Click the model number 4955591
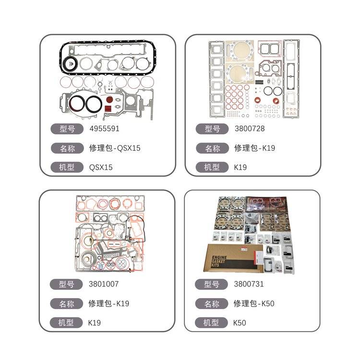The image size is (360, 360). [105, 128]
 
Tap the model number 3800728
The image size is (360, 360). [250, 128]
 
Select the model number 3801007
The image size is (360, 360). [104, 284]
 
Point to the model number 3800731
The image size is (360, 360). [249, 284]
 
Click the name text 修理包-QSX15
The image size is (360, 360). [115, 148]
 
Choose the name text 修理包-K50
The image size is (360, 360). [254, 303]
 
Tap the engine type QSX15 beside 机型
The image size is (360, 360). [101, 167]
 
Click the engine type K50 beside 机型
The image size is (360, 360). [240, 323]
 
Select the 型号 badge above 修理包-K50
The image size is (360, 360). [211, 284]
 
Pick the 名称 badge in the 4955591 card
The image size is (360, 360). [67, 148]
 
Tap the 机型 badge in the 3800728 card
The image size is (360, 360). [212, 167]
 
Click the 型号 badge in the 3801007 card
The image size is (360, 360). [66, 284]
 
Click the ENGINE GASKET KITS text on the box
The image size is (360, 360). [219, 261]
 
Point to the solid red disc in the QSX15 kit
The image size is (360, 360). [109, 100]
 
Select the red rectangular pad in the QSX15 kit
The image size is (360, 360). [108, 108]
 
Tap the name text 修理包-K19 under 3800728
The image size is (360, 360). [254, 148]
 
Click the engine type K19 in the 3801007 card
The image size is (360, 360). [95, 323]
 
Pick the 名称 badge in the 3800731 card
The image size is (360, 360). [212, 304]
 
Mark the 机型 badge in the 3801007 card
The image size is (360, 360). [66, 323]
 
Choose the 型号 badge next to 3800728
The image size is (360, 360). [212, 129]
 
